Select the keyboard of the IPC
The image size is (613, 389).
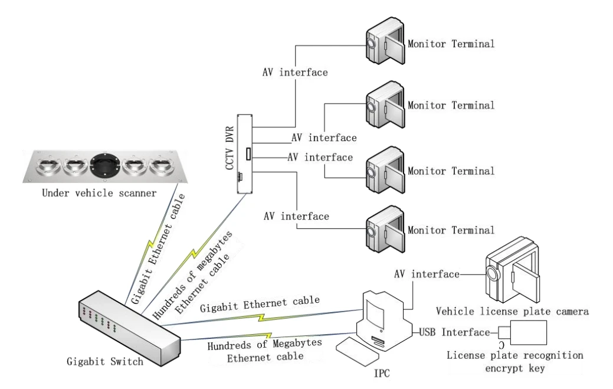click(356, 352)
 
